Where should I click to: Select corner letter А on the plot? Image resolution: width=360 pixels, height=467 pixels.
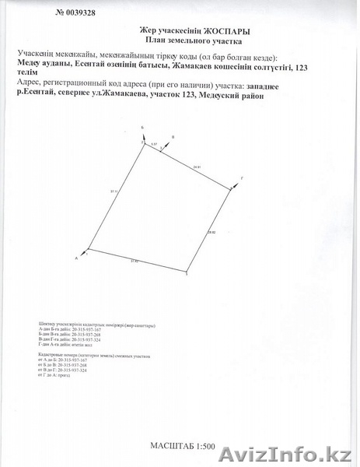76,257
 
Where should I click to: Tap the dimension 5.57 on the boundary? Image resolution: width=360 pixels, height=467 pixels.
154,145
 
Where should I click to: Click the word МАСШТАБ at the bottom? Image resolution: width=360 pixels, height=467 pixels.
172,445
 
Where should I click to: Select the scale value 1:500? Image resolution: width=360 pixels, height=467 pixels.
205,445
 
